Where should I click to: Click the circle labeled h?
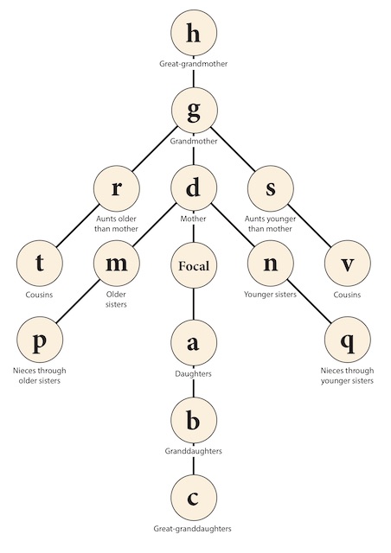[194, 33]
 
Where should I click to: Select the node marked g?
[195, 110]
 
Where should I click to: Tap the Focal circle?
[194, 265]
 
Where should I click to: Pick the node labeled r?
[117, 188]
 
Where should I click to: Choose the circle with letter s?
[271, 188]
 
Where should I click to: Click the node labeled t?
[40, 263]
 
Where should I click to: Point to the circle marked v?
[348, 263]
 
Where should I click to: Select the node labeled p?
[40, 340]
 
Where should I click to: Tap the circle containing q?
[348, 340]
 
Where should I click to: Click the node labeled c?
[194, 498]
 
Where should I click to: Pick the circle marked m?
[117, 263]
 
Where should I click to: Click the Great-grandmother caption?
[193, 64]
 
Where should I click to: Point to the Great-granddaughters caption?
[193, 529]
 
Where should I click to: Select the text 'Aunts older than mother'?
[116, 224]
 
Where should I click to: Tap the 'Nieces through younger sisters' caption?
[347, 376]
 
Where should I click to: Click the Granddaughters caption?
[193, 451]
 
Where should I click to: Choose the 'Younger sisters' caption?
[270, 294]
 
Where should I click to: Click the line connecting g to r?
[154, 149]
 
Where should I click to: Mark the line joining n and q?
[309, 302]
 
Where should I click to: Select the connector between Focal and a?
[194, 304]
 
